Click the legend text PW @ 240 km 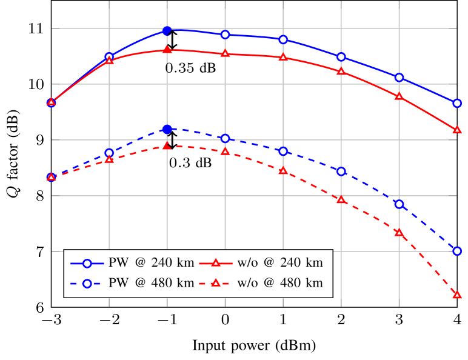pyautogui.click(x=151, y=263)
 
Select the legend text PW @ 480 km pyautogui.click(x=151, y=283)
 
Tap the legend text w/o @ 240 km pyautogui.click(x=279, y=263)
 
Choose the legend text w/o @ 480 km pyautogui.click(x=279, y=283)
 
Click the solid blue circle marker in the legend pyautogui.click(x=87, y=263)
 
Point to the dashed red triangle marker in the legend pyautogui.click(x=215, y=283)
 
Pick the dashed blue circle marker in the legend pyautogui.click(x=87, y=283)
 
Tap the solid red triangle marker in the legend pyautogui.click(x=215, y=263)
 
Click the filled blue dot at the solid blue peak pyautogui.click(x=167, y=30)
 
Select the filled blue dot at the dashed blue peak pyautogui.click(x=167, y=129)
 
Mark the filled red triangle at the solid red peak pyautogui.click(x=167, y=50)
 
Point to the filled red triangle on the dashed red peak pyautogui.click(x=167, y=146)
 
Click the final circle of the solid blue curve pyautogui.click(x=457, y=103)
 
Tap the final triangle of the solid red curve pyautogui.click(x=457, y=130)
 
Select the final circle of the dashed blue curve pyautogui.click(x=457, y=251)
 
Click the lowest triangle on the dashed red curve pyautogui.click(x=457, y=295)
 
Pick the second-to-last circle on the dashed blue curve pyautogui.click(x=399, y=204)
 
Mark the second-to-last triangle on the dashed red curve pyautogui.click(x=399, y=233)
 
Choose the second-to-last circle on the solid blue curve pyautogui.click(x=399, y=78)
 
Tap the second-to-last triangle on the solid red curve pyautogui.click(x=399, y=96)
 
